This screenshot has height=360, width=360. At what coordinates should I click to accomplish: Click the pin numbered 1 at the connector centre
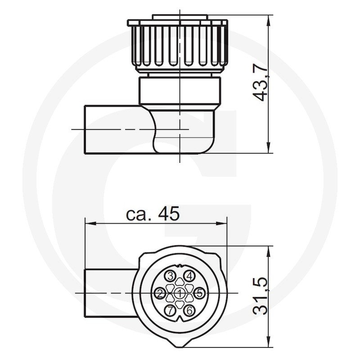[180, 293]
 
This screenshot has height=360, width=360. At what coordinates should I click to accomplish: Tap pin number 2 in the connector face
[161, 293]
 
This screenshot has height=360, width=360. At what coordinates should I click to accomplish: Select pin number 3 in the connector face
[171, 276]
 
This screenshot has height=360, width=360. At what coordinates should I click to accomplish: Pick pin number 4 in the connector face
[189, 276]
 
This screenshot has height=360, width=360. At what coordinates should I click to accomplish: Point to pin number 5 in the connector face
[199, 293]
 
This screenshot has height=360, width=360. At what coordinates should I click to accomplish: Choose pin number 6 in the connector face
[189, 310]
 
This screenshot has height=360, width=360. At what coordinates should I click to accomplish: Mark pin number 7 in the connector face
[171, 310]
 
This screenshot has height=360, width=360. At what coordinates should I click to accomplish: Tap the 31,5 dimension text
[261, 296]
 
